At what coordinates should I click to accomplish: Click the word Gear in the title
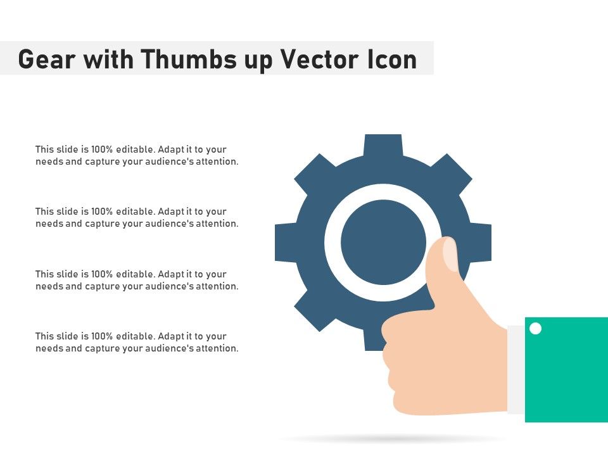click(47, 59)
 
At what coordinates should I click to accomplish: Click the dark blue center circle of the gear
click(383, 243)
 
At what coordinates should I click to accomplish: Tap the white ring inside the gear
click(332, 243)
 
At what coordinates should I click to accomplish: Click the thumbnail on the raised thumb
click(450, 254)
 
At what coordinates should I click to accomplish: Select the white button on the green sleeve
click(536, 329)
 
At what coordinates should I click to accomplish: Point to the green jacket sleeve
click(566, 369)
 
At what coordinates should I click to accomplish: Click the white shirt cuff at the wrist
click(516, 369)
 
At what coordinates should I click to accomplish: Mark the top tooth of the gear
click(383, 146)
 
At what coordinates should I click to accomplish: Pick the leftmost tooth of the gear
click(286, 243)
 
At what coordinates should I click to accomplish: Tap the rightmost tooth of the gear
click(481, 243)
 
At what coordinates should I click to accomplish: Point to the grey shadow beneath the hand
click(391, 440)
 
